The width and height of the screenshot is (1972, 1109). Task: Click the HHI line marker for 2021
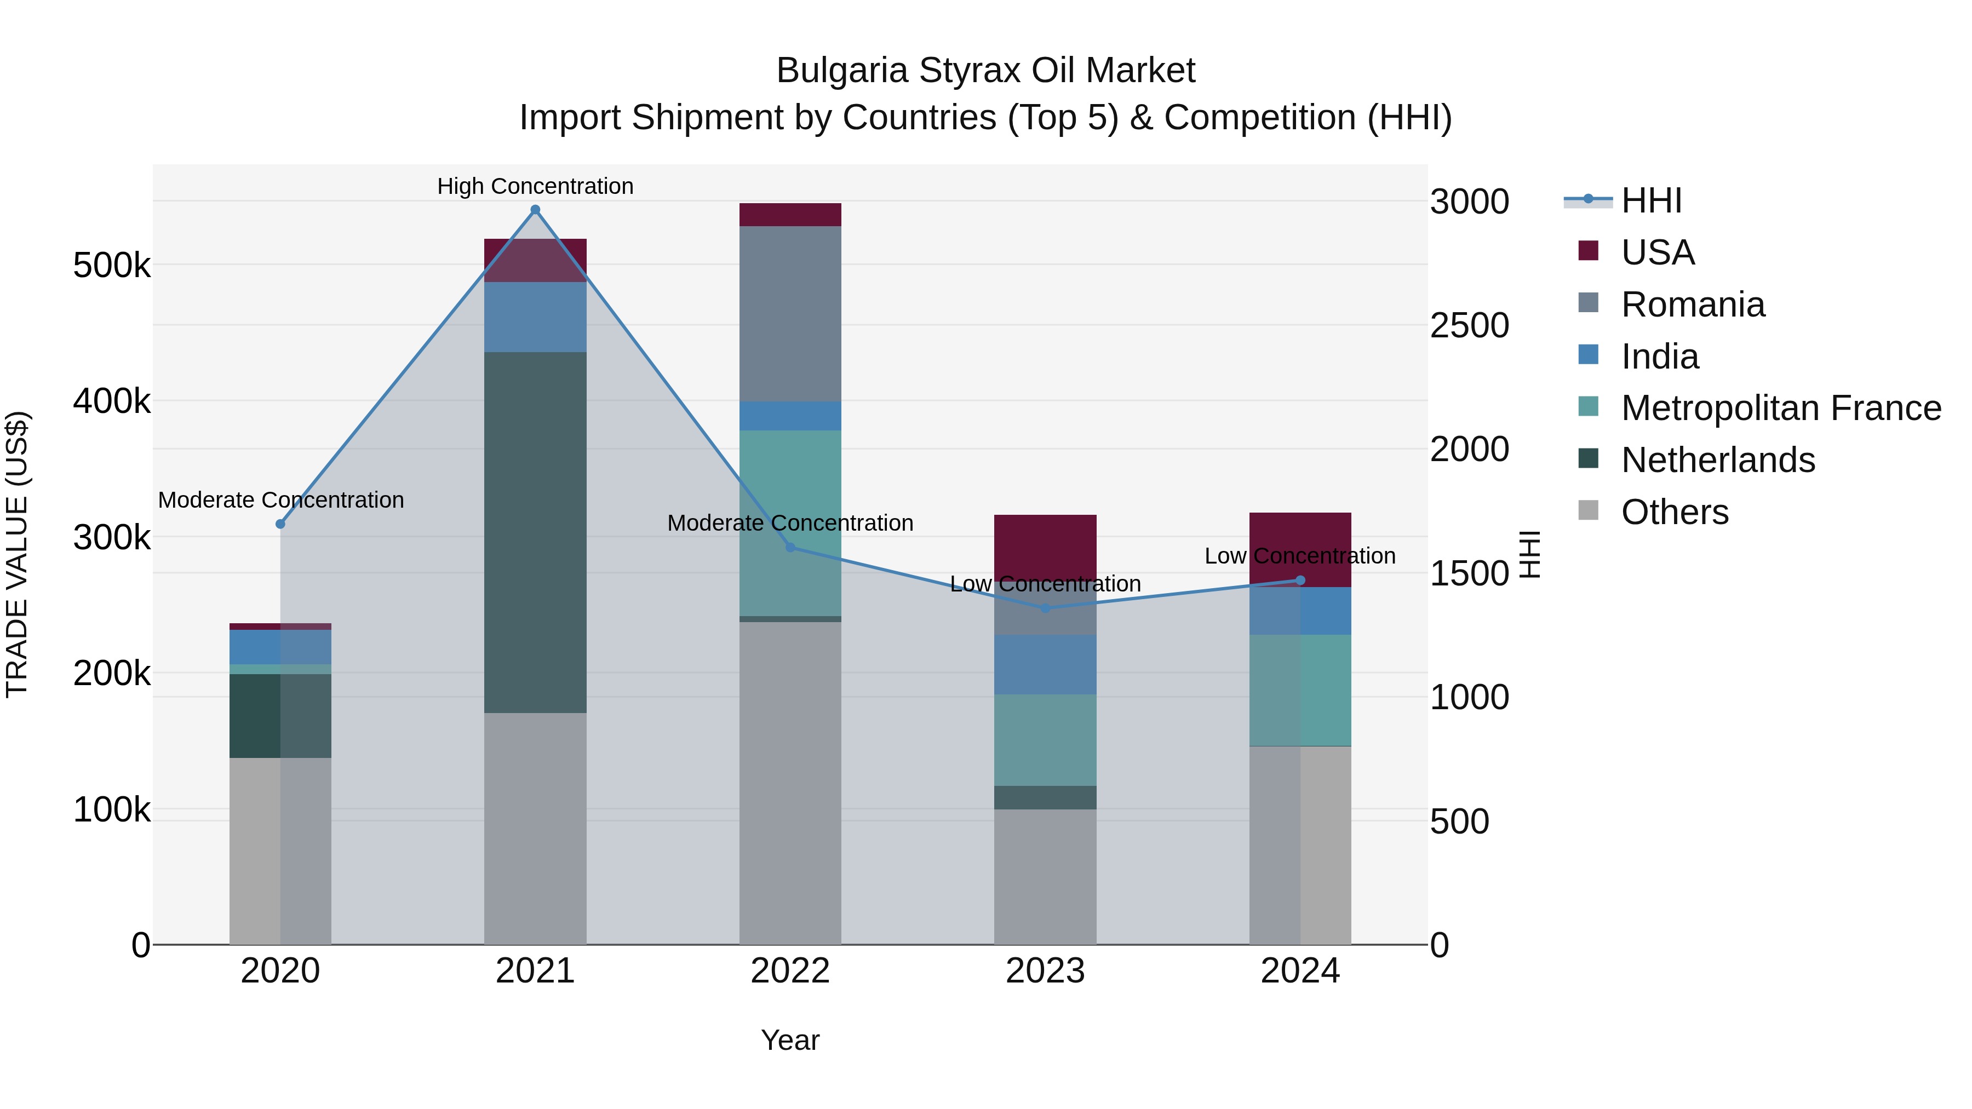(535, 210)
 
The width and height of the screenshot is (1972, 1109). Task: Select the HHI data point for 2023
(1046, 608)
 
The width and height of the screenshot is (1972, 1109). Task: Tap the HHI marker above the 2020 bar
(280, 524)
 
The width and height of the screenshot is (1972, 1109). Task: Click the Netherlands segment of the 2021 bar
(535, 532)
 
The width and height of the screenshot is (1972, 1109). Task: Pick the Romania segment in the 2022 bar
(790, 314)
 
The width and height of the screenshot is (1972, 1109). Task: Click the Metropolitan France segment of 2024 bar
(1300, 689)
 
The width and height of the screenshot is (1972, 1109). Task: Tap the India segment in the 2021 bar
(535, 317)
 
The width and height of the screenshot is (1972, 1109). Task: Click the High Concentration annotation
(535, 186)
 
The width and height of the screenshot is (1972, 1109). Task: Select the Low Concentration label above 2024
(1300, 556)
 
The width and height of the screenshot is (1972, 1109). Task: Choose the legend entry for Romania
(1693, 304)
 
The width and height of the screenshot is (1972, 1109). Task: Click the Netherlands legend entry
(1718, 460)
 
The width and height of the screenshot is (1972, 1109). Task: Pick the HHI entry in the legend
(1651, 200)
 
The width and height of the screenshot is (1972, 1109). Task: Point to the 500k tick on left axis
(112, 266)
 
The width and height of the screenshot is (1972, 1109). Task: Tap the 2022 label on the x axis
(790, 971)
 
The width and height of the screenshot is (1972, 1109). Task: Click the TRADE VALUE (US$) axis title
(17, 554)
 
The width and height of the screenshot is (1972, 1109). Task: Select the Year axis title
(790, 1040)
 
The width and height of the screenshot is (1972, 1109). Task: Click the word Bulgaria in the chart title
(842, 71)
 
